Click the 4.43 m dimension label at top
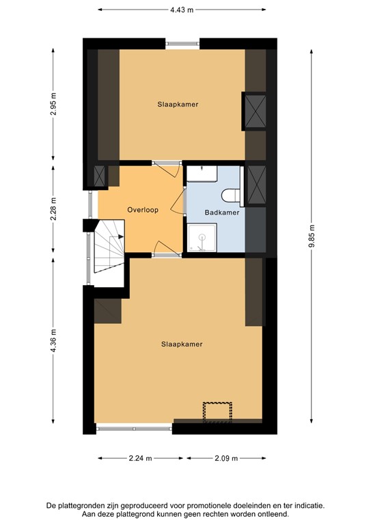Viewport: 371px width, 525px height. click(182, 10)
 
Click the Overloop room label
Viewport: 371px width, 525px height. click(143, 210)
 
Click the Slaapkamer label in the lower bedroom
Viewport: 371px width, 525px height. click(182, 344)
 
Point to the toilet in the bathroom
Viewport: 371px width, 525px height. click(233, 196)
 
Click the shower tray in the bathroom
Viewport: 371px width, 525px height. click(200, 240)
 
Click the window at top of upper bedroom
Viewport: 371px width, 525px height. click(182, 44)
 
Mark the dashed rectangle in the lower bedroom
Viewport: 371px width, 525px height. click(217, 410)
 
